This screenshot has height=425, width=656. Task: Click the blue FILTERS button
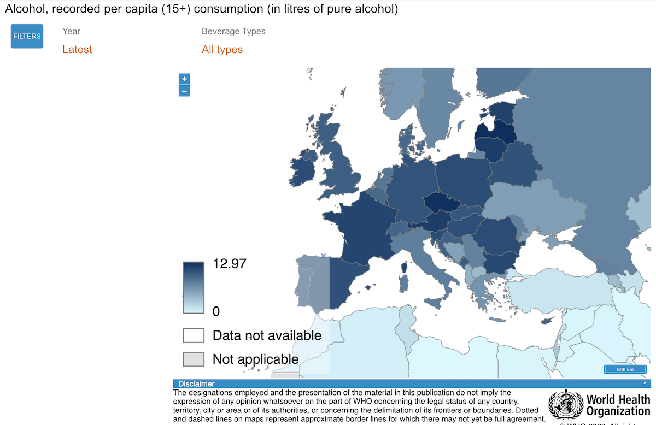[x=27, y=37]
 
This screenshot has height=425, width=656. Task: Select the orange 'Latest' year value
[x=77, y=50]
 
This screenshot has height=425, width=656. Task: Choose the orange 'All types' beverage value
[x=222, y=50]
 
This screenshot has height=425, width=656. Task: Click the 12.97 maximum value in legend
[x=230, y=264]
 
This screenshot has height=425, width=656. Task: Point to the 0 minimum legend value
[x=216, y=311]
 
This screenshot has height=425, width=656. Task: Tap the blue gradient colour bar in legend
[x=194, y=287]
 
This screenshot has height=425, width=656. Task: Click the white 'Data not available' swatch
[x=194, y=335]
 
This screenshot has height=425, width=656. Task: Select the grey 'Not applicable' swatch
[x=194, y=359]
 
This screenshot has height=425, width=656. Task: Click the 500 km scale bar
[x=625, y=370]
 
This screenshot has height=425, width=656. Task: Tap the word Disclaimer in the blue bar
[x=196, y=384]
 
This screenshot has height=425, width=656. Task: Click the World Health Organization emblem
[x=565, y=405]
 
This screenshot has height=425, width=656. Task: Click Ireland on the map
[x=302, y=170]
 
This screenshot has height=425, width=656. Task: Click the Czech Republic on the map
[x=442, y=203]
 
